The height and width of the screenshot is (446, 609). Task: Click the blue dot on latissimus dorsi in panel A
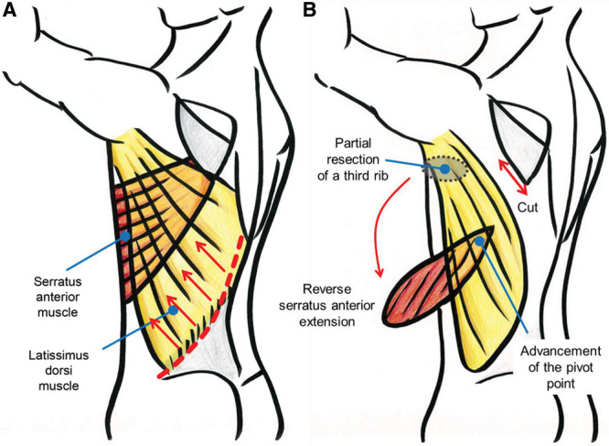click(174, 310)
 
